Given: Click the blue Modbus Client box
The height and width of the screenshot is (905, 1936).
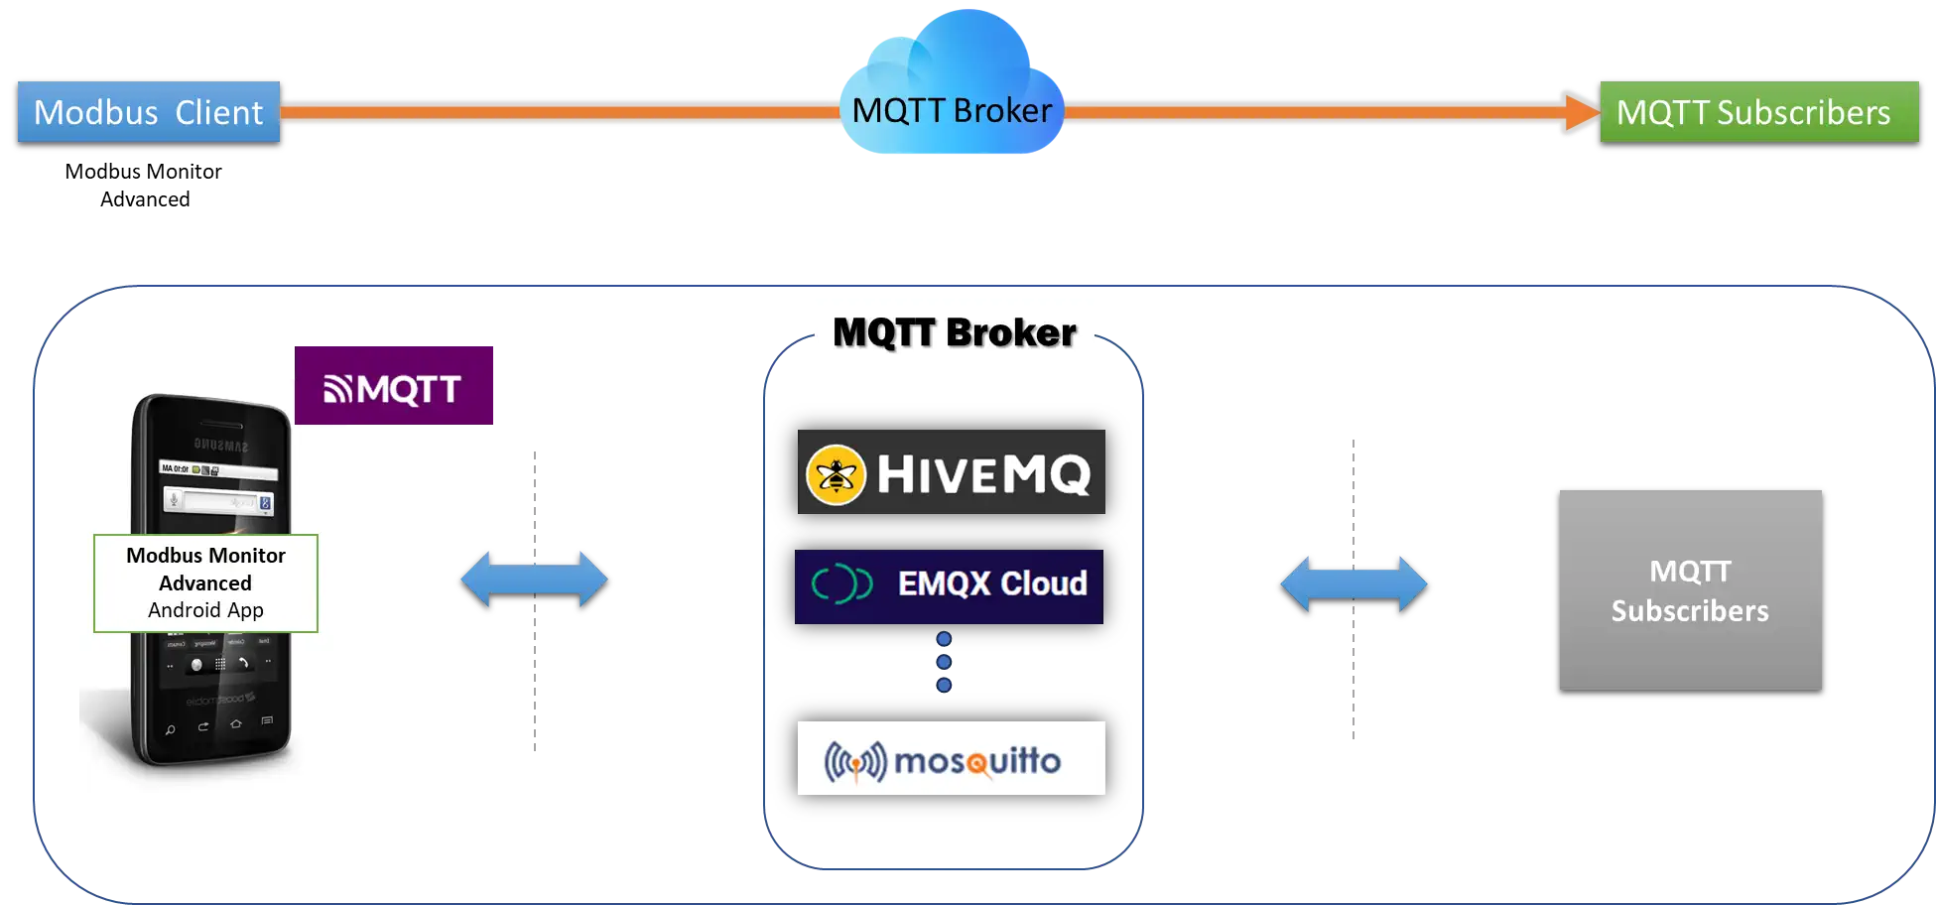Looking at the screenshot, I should (x=149, y=112).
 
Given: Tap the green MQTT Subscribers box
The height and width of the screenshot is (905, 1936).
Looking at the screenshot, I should (x=1757, y=112).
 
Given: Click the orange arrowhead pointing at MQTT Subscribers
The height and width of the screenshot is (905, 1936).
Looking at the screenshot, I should (x=1578, y=111).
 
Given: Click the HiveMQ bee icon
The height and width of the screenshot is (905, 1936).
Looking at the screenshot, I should (x=836, y=474).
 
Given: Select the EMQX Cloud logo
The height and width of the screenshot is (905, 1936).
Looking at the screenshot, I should (x=950, y=585).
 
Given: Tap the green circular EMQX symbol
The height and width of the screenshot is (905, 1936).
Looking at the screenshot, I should (x=841, y=584).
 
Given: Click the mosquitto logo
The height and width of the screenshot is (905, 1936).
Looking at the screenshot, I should (x=951, y=759).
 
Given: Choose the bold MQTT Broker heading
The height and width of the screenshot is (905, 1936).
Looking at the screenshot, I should (x=954, y=331).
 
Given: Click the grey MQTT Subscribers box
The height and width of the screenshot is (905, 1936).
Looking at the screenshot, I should (x=1690, y=589).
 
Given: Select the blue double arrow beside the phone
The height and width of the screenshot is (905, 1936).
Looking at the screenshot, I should (x=534, y=580).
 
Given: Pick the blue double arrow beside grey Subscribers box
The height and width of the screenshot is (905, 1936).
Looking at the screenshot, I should (x=1354, y=583).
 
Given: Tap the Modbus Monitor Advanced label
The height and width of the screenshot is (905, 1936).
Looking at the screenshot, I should (x=205, y=569).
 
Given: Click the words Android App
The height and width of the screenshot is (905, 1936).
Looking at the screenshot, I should (x=205, y=610).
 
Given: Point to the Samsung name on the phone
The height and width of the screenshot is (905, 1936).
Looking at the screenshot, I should (x=220, y=445).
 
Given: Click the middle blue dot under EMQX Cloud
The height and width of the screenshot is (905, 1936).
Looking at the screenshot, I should (x=944, y=662).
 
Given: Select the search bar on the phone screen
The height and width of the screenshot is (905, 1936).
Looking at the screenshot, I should (x=220, y=502).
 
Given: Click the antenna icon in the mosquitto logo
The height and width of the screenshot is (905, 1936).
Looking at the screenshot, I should (x=854, y=762).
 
